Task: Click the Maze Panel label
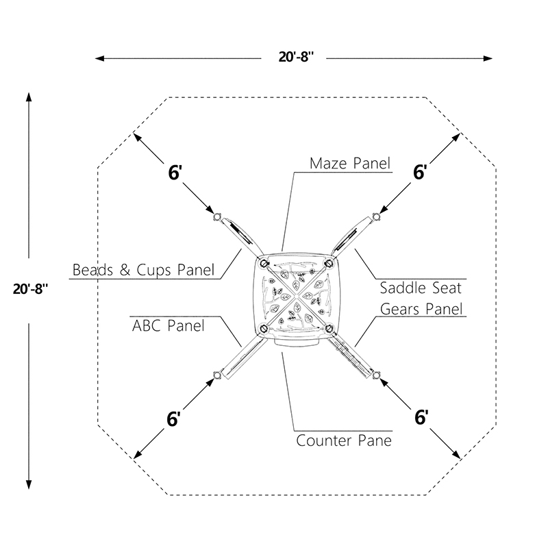pos(350,163)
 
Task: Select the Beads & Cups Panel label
pos(143,270)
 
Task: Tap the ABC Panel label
pos(168,326)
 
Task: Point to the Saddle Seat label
pos(421,288)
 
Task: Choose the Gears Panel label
pos(421,309)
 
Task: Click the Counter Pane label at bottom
pos(344,440)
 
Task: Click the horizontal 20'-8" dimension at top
pos(296,56)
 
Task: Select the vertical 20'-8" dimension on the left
pos(30,289)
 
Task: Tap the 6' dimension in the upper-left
pos(175,173)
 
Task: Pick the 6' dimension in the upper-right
pos(420,173)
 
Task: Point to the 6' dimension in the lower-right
pos(421,417)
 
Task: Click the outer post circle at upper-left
pos(217,217)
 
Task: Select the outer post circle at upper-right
pos(376,217)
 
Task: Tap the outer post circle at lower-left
pos(217,375)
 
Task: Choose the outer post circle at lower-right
pos(376,375)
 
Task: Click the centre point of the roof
pos(297,296)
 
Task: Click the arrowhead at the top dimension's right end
pos(488,58)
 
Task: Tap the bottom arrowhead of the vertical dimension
pos(29,484)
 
